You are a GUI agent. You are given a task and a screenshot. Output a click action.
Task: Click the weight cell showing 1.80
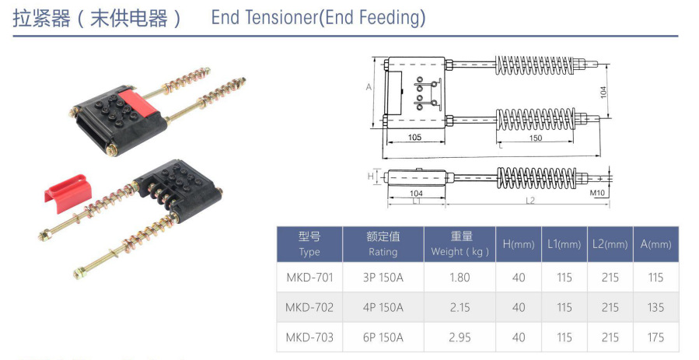pos(460,278)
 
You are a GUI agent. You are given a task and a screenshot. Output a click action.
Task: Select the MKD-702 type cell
pos(309,307)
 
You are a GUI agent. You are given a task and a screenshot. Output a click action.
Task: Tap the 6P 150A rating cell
pos(383,337)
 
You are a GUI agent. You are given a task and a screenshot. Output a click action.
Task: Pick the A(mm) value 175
pos(655,337)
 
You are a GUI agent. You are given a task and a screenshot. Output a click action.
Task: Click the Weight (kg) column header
pos(460,243)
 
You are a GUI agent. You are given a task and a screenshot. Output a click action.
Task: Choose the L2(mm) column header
pos(610,244)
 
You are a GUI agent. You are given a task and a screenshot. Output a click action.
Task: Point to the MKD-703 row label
pos(309,337)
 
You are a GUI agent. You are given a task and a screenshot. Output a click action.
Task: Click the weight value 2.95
pos(460,337)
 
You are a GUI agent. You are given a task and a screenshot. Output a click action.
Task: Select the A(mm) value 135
pos(655,307)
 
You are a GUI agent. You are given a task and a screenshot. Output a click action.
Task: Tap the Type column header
pos(309,243)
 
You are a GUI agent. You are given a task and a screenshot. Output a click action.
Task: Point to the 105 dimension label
pos(414,138)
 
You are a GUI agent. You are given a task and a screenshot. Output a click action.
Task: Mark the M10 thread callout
pos(597,192)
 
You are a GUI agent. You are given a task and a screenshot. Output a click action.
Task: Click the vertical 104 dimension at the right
pos(604,92)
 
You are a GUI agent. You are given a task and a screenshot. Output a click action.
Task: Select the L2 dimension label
pos(529,201)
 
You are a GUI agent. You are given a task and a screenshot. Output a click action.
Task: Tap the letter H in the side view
pos(371,177)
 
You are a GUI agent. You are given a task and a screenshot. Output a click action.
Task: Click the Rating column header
pos(383,243)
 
